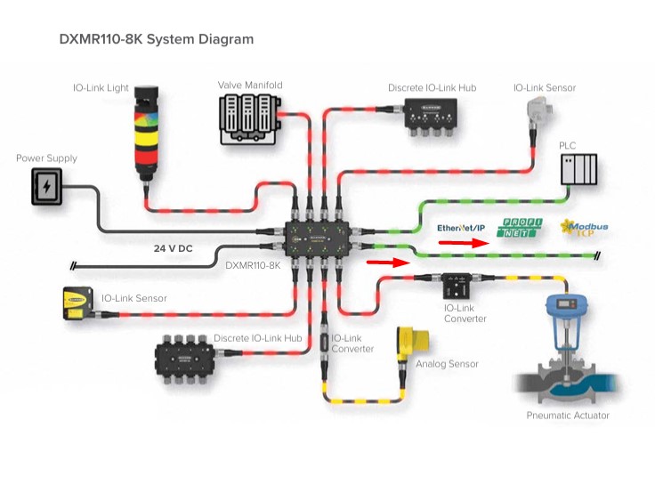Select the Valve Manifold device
(x=249, y=118)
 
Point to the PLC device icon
(x=578, y=169)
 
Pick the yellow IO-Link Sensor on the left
(x=76, y=303)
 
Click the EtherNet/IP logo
(x=461, y=228)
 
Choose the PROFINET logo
(x=517, y=228)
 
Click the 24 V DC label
(x=173, y=248)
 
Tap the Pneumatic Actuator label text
(x=568, y=416)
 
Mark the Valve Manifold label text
(x=250, y=85)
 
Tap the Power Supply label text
(x=46, y=158)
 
